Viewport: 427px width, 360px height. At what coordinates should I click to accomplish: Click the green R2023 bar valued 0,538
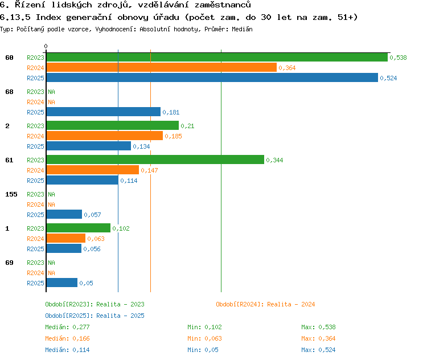(x=217, y=58)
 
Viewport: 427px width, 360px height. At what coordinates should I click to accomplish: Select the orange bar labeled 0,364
(x=162, y=68)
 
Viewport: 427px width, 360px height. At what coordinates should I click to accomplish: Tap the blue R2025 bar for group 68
(x=104, y=112)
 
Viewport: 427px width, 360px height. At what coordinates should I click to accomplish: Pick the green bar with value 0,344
(x=155, y=159)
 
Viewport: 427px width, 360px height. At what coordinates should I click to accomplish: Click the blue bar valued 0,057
(x=64, y=215)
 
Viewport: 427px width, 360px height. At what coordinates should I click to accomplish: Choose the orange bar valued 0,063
(x=66, y=239)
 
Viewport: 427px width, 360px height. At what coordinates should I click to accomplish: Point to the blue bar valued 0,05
(x=62, y=283)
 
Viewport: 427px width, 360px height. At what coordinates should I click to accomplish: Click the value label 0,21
(x=187, y=126)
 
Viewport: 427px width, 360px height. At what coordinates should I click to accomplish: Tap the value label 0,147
(x=149, y=170)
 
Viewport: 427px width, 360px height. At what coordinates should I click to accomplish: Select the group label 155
(x=11, y=194)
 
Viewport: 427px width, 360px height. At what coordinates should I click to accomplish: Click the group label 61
(x=9, y=160)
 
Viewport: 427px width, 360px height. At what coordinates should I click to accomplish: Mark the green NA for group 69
(x=51, y=263)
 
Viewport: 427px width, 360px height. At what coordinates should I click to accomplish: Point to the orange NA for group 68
(x=51, y=102)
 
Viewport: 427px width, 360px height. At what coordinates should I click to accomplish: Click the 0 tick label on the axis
(x=46, y=46)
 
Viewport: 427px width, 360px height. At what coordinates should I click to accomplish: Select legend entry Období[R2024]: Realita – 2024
(x=265, y=304)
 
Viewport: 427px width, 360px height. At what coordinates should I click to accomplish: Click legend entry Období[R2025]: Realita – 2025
(x=95, y=316)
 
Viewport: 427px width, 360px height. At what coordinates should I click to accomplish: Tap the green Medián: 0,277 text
(x=67, y=327)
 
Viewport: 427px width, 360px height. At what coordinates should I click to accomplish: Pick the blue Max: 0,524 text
(x=318, y=350)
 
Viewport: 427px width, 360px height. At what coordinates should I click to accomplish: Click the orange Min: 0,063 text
(x=204, y=338)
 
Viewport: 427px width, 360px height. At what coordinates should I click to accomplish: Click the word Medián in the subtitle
(x=242, y=29)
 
